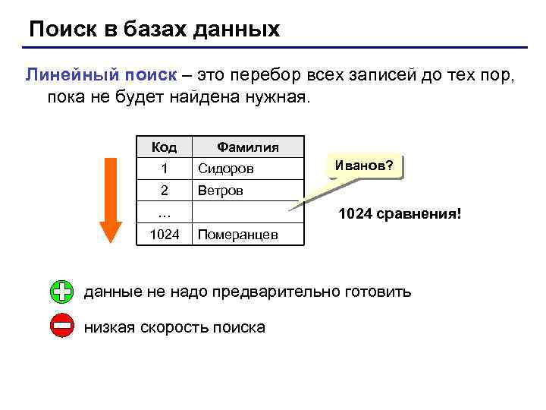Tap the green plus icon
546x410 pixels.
62,292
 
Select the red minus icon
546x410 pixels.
62,327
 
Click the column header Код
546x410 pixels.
165,147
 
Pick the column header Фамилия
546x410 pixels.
248,147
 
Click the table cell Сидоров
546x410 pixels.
225,168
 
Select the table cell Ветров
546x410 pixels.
221,191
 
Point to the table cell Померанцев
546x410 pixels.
237,235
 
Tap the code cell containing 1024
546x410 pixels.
165,235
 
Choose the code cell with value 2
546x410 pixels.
165,191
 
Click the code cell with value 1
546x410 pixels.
165,168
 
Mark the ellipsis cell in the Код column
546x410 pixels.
165,212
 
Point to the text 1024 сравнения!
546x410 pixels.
399,215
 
